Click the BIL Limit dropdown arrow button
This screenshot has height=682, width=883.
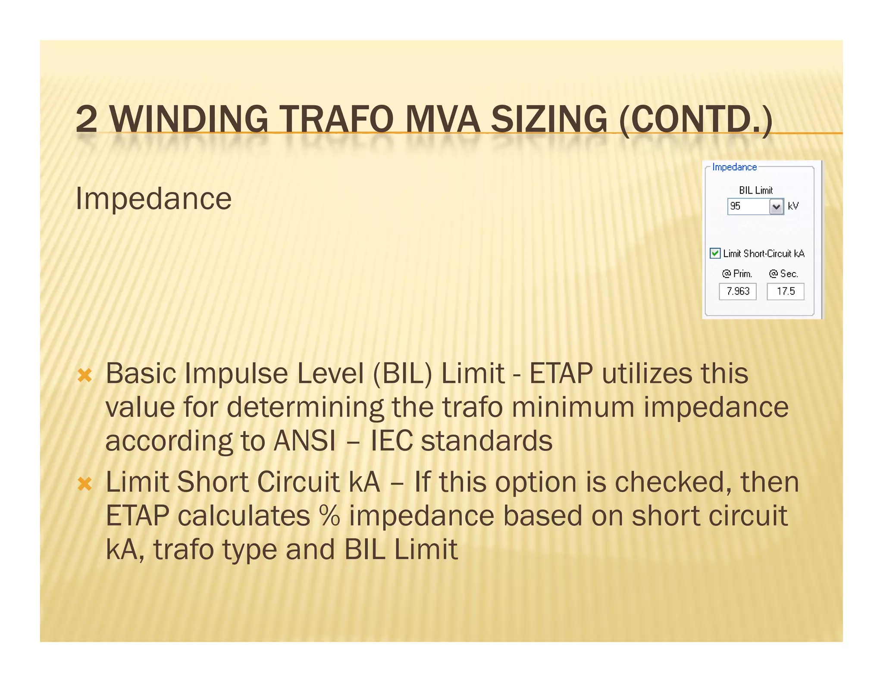(x=776, y=206)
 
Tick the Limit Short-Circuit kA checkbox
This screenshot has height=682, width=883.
(x=715, y=253)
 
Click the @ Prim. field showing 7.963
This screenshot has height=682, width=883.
(x=737, y=291)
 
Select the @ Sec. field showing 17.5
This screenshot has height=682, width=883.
(x=785, y=291)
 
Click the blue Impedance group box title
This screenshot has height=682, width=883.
(x=734, y=167)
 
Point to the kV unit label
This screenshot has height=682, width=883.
(x=793, y=206)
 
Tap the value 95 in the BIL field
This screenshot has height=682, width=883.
(x=736, y=206)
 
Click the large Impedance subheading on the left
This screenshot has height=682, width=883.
(x=153, y=199)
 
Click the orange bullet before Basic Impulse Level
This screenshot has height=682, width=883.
(x=85, y=375)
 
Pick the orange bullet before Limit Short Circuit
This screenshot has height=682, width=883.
(x=85, y=483)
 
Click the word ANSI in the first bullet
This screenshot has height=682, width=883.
(x=305, y=441)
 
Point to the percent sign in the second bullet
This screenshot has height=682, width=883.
(x=329, y=516)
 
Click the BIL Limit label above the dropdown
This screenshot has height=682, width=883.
(x=755, y=190)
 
